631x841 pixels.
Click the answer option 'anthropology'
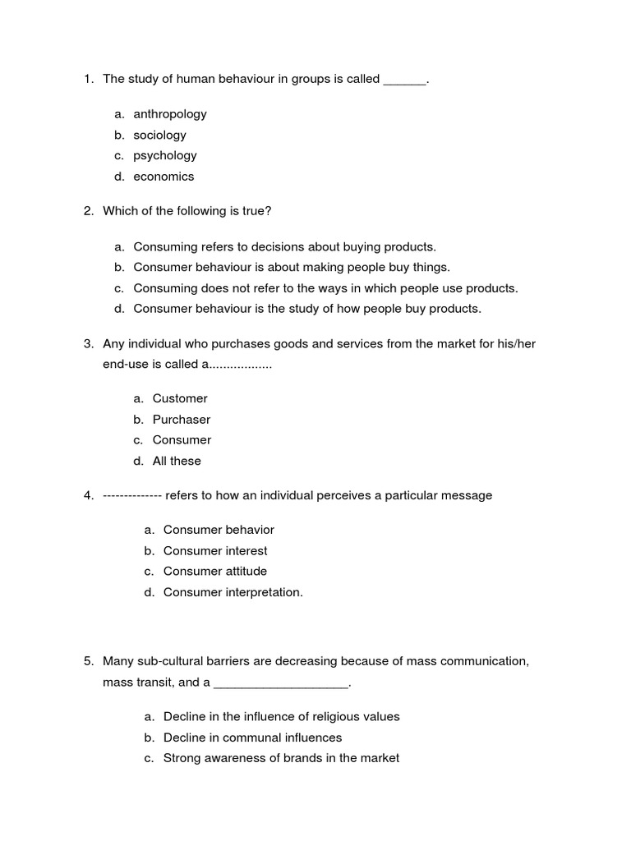click(x=169, y=114)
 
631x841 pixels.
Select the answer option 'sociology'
click(x=159, y=135)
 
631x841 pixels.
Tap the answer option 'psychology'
click(x=164, y=155)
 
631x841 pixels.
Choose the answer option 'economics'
click(x=164, y=177)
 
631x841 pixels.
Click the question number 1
click(x=88, y=79)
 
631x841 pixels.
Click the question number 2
click(x=88, y=211)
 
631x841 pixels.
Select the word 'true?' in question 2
click(x=256, y=211)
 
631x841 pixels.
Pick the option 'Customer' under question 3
click(x=180, y=398)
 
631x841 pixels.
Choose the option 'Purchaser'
click(x=182, y=420)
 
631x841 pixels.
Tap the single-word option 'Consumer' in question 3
click(x=182, y=440)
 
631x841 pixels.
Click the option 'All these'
click(x=177, y=461)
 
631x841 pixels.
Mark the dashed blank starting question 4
click(x=132, y=495)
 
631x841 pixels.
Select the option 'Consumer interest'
click(x=215, y=550)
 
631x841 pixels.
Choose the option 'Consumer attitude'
click(x=215, y=571)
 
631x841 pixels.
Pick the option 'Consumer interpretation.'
click(x=233, y=592)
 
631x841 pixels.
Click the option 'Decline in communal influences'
click(x=252, y=738)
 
